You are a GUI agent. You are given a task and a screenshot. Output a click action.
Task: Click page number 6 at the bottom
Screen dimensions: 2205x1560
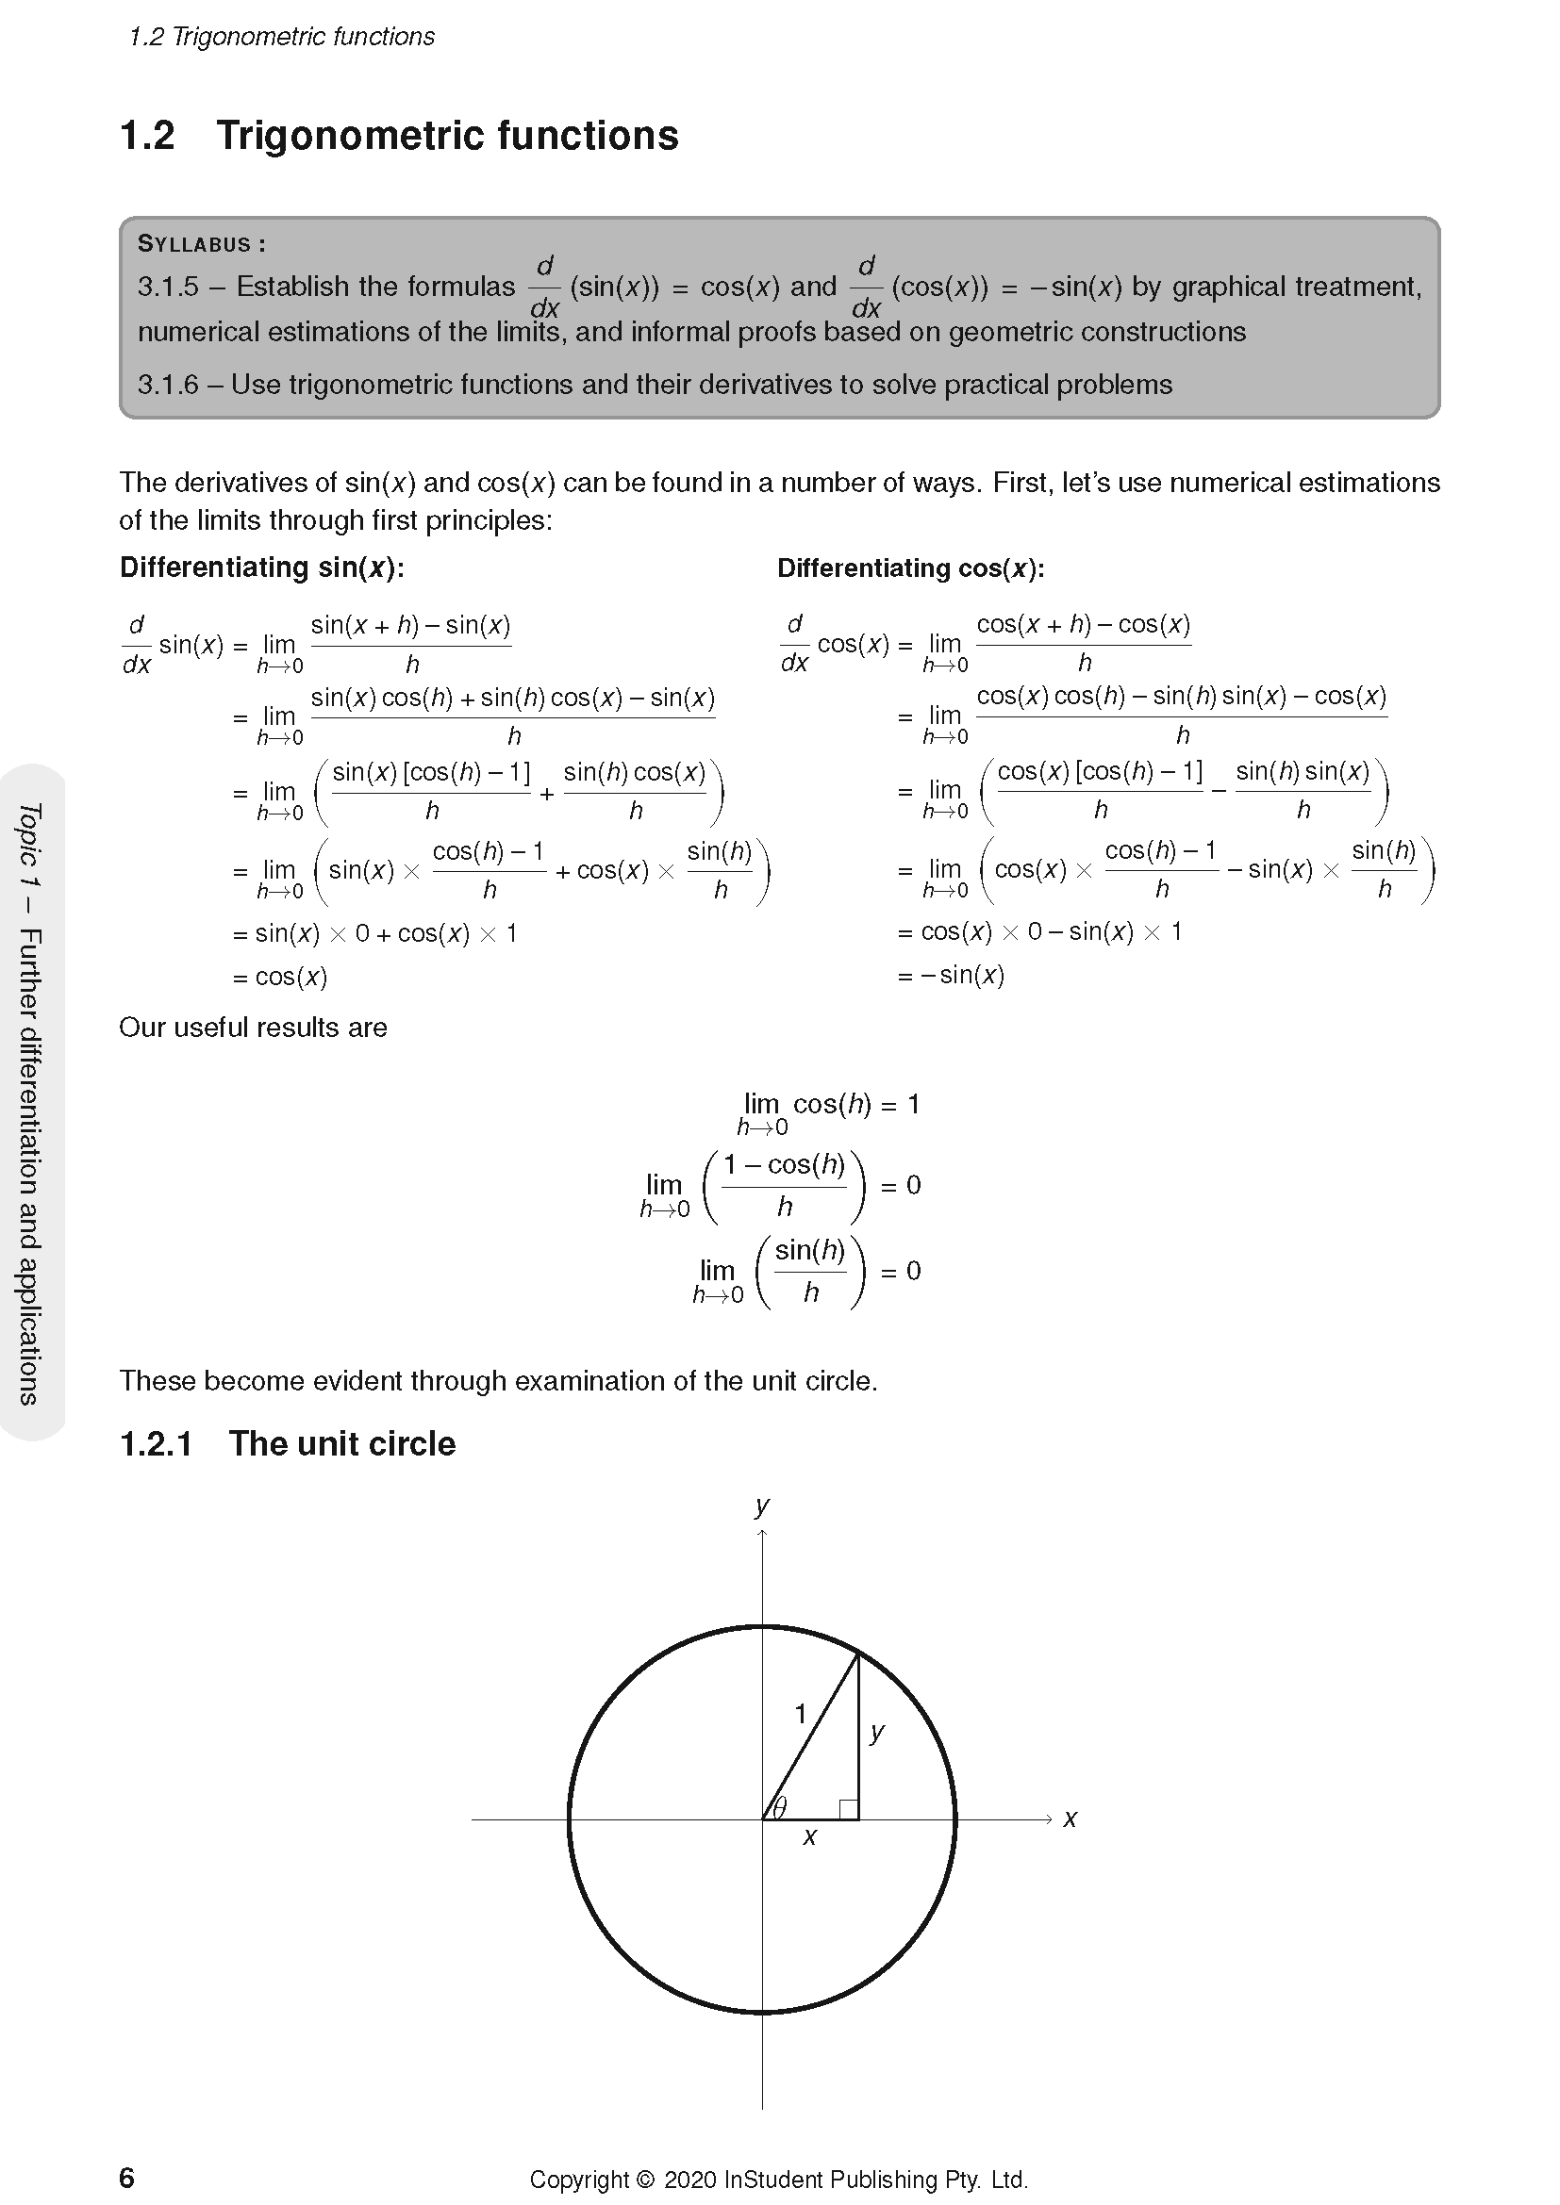(126, 2177)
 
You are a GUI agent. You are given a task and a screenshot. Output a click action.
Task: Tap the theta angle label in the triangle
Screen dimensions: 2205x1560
(780, 1807)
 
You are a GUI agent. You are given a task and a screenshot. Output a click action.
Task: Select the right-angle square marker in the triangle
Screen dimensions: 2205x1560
(848, 1809)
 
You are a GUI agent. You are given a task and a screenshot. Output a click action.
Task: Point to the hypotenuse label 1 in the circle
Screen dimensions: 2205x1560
(800, 1713)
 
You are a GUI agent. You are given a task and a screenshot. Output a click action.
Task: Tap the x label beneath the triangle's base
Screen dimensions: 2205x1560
(810, 1837)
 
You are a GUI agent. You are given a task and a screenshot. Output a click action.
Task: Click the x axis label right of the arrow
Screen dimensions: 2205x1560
(1070, 1818)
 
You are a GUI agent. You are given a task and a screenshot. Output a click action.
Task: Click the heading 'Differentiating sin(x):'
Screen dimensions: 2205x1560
(261, 568)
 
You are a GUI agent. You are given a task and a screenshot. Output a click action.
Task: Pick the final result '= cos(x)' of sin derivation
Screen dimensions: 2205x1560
(280, 977)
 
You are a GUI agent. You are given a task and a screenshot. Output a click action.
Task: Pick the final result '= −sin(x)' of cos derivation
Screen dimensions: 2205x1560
(951, 975)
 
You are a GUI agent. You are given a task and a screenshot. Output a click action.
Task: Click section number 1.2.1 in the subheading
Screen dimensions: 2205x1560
(156, 1443)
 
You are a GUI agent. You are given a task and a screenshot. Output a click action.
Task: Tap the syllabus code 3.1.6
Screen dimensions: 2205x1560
(167, 386)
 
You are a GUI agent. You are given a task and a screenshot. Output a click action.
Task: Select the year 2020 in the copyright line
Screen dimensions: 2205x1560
(689, 2179)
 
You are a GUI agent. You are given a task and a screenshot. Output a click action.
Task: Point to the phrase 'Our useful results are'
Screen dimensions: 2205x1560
(253, 1028)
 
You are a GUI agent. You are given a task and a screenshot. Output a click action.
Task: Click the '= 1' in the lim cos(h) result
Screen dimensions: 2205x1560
(900, 1105)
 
